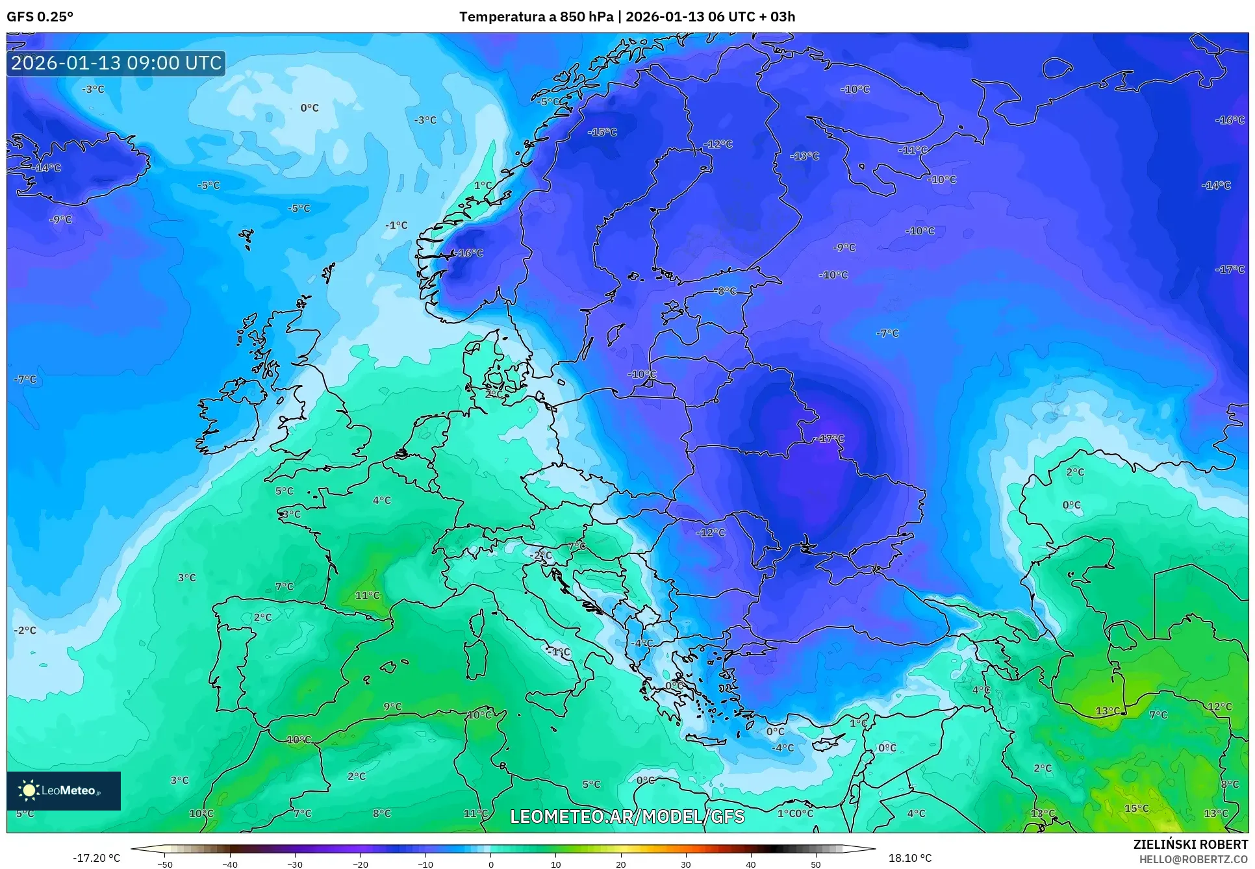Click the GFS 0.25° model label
[40, 17]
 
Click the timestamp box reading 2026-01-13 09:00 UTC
[116, 63]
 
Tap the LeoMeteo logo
[64, 790]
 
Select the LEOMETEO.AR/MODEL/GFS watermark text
[627, 816]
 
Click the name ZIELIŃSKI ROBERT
[1190, 844]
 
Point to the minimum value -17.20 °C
[96, 858]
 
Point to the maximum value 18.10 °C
[909, 858]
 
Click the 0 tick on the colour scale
[490, 864]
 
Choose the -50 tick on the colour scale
[165, 864]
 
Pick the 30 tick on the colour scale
[686, 864]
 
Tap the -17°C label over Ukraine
[830, 439]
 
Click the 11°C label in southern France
[367, 596]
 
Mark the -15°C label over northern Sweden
[602, 132]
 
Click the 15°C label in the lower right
[1136, 809]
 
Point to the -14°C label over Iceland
[47, 168]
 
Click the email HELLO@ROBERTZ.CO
[1193, 859]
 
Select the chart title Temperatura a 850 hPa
[536, 17]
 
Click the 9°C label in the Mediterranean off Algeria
[392, 707]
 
